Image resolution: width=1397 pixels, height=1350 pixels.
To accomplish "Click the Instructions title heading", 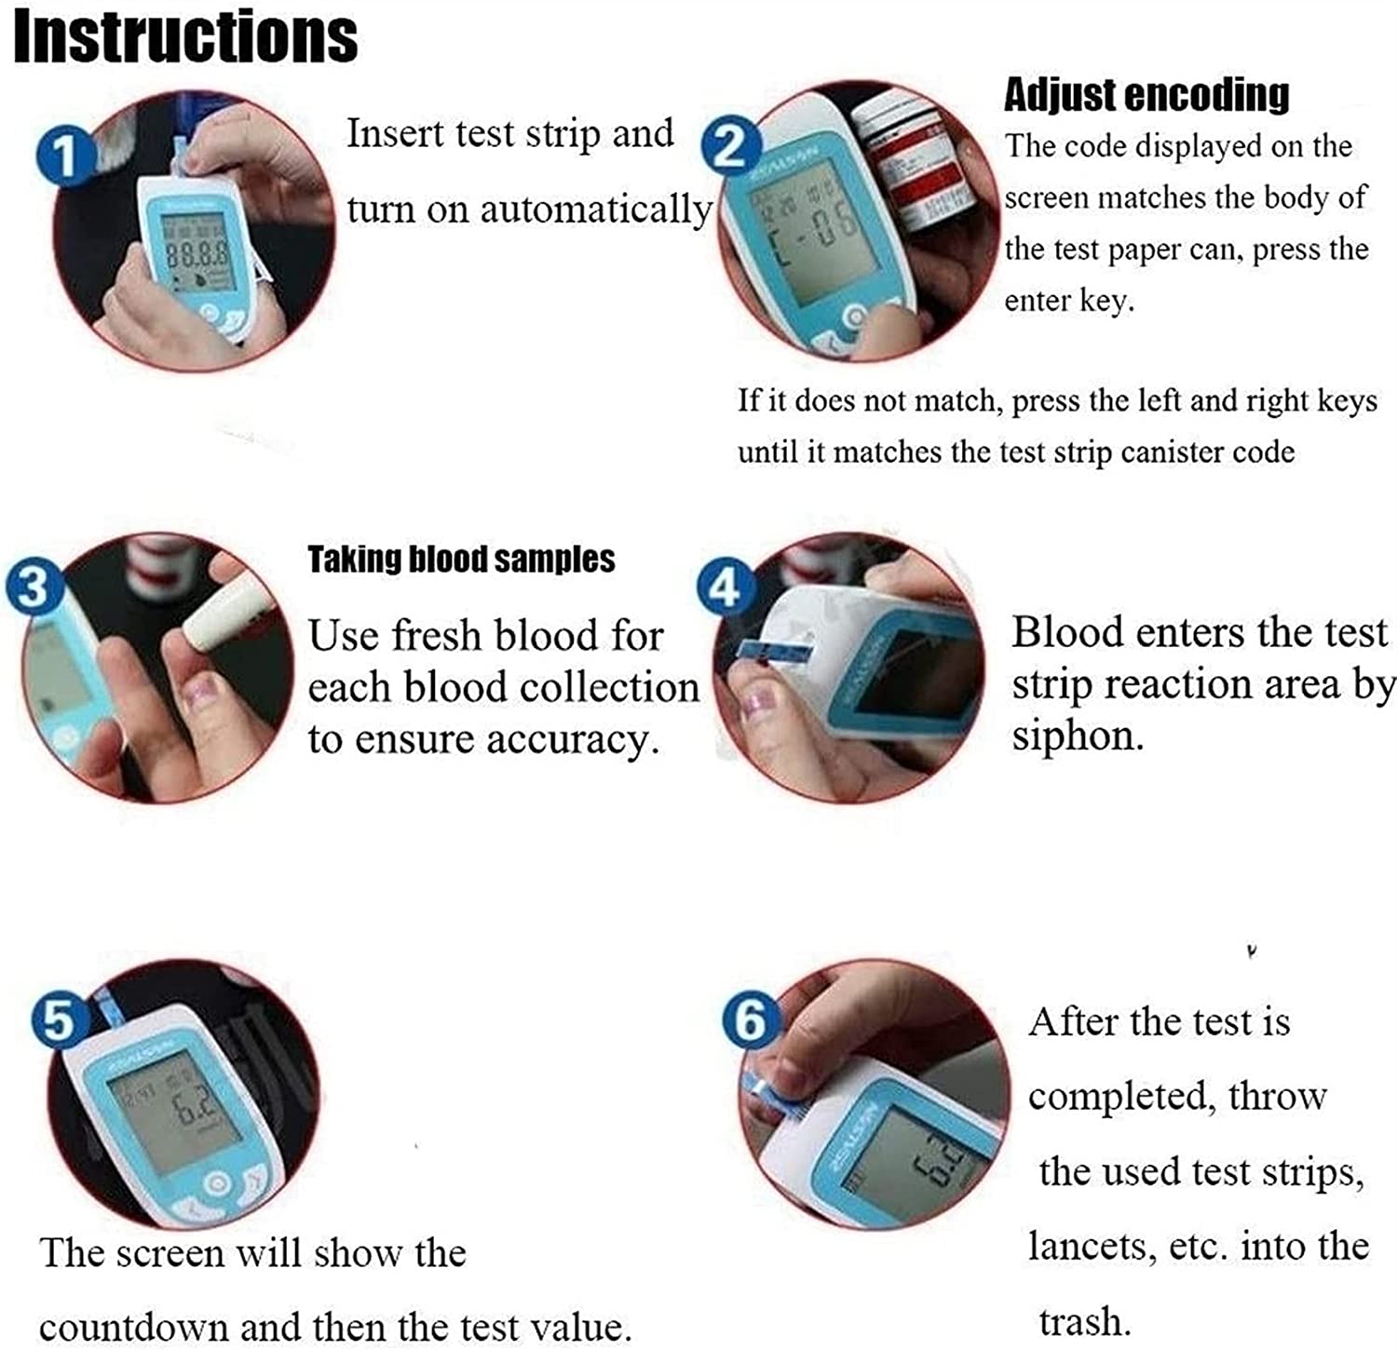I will click(185, 37).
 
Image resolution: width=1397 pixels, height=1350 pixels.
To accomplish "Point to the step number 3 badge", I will click(34, 587).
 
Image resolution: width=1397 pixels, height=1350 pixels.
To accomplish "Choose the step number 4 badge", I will click(725, 587).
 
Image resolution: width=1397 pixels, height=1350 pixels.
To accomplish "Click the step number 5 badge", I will click(60, 1019).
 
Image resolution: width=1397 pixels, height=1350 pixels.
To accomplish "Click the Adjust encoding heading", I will click(1146, 95).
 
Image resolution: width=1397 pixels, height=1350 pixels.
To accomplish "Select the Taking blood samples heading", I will click(461, 560).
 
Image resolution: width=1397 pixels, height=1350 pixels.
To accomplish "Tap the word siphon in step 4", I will click(1075, 736).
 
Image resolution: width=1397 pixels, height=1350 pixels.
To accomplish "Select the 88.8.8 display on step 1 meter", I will click(197, 253).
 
